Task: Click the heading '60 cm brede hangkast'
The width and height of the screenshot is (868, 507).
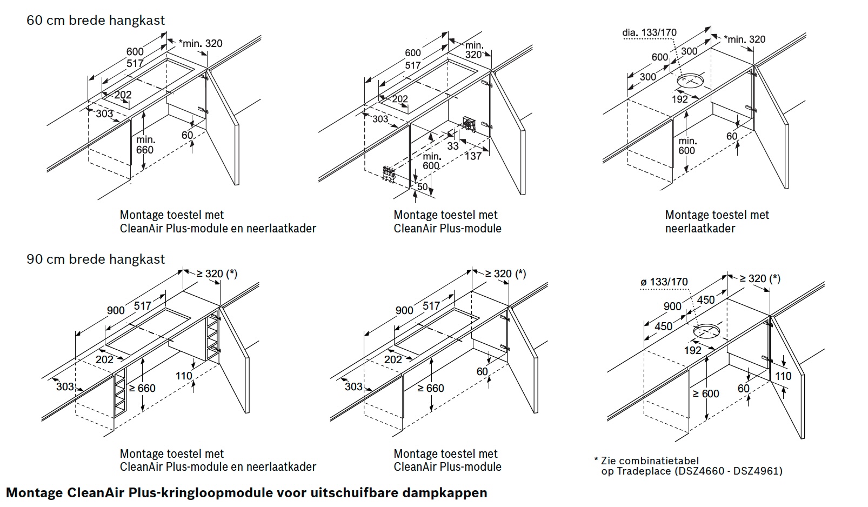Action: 96,21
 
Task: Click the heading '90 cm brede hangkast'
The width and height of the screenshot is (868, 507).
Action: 96,259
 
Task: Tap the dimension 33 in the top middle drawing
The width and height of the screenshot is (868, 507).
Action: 453,146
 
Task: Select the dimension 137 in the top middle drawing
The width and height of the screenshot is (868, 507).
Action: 473,156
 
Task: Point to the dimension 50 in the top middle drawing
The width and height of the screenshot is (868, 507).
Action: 422,187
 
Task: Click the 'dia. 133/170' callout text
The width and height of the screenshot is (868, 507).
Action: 649,33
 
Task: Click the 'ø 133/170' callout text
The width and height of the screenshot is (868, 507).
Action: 664,282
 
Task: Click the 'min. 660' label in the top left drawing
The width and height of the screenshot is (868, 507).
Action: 145,145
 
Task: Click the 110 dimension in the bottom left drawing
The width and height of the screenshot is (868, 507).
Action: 184,376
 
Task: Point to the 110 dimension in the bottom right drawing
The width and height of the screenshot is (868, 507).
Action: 783,376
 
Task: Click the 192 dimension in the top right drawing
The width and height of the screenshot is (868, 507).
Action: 680,99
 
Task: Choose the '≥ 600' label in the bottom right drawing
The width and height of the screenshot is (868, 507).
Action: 706,393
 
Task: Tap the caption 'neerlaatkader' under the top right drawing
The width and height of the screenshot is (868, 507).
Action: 700,228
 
